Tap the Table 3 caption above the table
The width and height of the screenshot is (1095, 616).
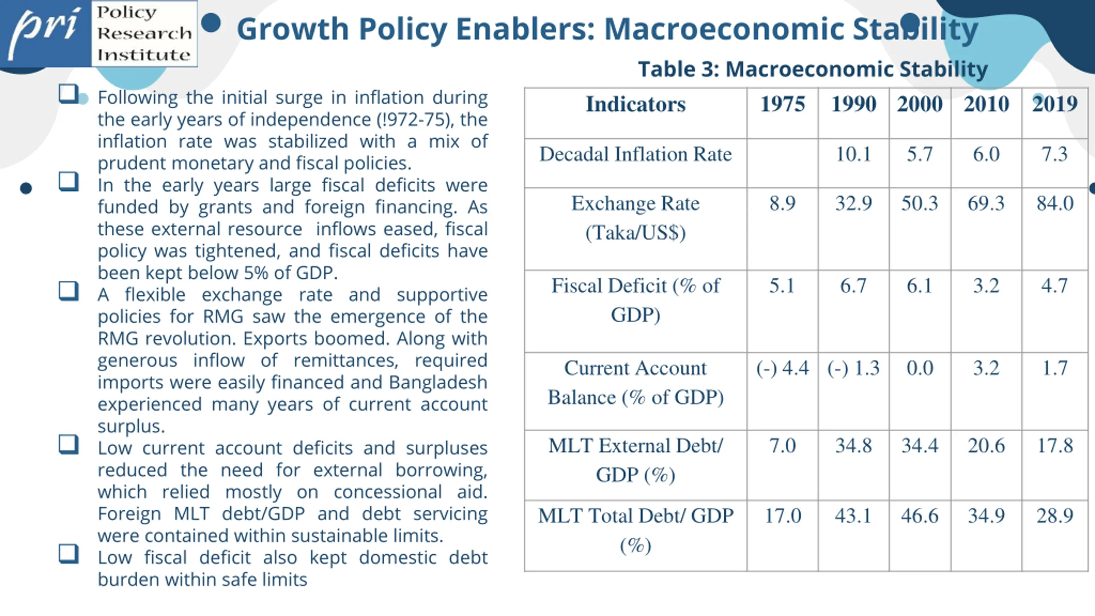point(813,69)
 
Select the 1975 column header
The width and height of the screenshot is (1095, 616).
point(782,104)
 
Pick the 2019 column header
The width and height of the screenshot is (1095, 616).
point(1054,104)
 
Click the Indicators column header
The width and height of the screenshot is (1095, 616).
point(636,104)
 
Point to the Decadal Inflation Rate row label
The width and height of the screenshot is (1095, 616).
point(636,154)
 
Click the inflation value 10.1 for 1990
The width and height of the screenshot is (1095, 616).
point(853,154)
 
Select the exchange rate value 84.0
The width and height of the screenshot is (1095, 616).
point(1055,204)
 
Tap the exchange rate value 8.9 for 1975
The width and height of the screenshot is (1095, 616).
point(782,204)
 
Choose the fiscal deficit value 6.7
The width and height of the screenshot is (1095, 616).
point(853,286)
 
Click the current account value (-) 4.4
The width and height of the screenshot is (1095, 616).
point(782,368)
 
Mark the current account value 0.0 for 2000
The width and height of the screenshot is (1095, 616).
point(920,368)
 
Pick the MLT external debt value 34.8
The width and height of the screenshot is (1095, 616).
point(853,446)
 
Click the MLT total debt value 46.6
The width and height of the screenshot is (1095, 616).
point(920,516)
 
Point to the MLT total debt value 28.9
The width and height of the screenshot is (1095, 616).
point(1055,516)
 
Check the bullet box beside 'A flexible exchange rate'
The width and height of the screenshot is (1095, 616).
point(68,291)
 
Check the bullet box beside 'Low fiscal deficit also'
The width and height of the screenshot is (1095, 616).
point(68,554)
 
